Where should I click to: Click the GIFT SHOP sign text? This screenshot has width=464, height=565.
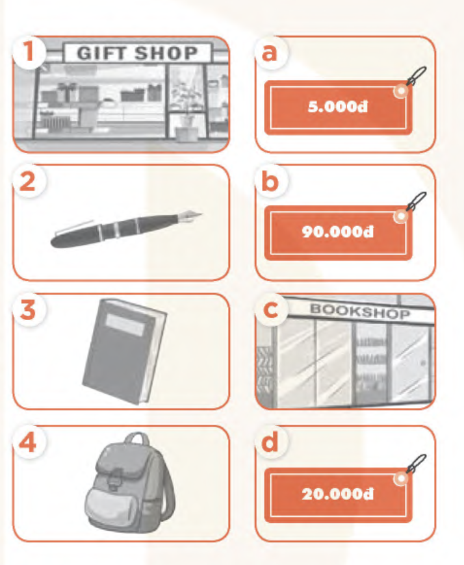pos(137,53)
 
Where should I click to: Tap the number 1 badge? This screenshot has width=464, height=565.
pos(29,51)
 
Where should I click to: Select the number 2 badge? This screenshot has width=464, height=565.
pos(29,181)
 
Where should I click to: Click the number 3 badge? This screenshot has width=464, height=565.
pos(29,310)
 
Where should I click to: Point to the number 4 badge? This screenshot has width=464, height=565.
pos(29,442)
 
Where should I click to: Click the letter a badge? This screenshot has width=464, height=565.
pos(270,53)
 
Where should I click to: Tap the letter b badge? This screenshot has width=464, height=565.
pos(270,181)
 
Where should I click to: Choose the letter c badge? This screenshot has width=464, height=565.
pos(270,310)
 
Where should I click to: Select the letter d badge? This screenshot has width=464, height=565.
pos(270,442)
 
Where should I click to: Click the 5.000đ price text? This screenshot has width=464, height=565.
pos(338,107)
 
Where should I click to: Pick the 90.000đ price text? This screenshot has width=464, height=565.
pos(338,232)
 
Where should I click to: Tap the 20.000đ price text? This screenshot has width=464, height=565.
pos(338,494)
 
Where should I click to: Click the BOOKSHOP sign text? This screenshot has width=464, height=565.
pos(360,311)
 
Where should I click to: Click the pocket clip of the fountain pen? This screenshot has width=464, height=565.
pos(74,227)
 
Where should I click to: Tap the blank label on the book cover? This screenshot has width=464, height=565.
pos(125,325)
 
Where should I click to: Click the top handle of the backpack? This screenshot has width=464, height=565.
pos(136,439)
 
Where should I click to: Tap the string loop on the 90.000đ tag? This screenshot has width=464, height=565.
pos(416,201)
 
